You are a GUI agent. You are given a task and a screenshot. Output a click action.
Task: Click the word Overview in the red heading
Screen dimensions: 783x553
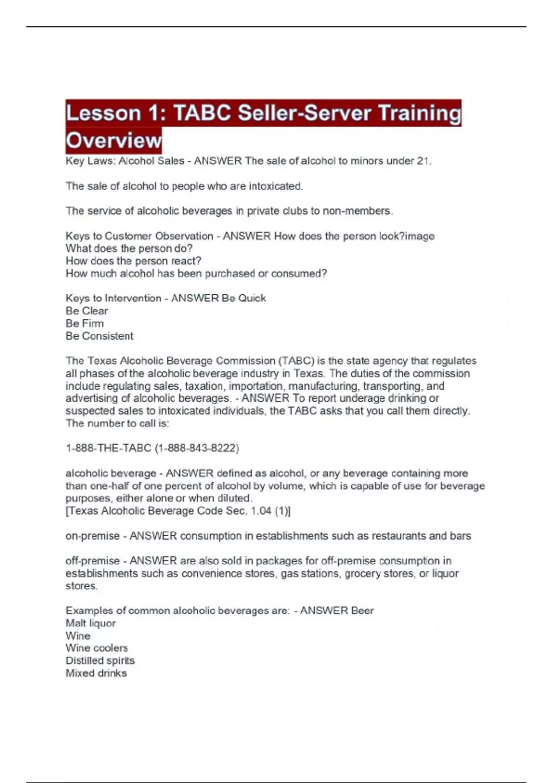[113, 140]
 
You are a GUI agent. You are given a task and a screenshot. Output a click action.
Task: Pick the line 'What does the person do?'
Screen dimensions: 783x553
[129, 249]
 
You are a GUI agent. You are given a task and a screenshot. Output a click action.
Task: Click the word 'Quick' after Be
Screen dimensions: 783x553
[252, 298]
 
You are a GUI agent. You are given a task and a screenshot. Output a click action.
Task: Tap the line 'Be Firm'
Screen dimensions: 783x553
[85, 323]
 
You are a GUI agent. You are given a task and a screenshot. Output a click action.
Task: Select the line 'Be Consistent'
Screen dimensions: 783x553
[99, 336]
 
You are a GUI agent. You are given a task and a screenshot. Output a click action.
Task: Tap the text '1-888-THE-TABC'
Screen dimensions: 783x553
[108, 448]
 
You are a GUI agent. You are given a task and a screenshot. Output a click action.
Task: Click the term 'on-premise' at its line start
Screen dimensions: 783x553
[92, 536]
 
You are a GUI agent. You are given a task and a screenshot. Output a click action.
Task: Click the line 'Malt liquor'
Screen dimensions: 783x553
[90, 623]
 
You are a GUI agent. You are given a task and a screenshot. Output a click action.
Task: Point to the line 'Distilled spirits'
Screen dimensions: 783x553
[100, 660]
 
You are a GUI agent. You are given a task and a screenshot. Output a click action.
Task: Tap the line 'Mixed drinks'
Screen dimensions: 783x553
[96, 673]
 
